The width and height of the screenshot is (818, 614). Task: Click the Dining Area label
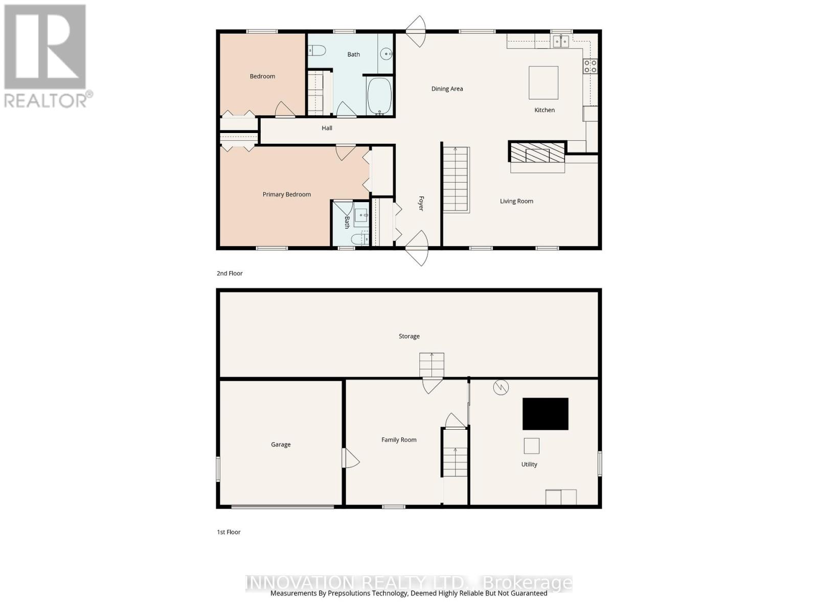coord(447,89)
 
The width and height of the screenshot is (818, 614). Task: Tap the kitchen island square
coord(543,82)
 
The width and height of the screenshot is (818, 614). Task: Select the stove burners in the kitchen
coord(590,65)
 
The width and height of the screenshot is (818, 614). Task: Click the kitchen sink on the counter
coord(560,41)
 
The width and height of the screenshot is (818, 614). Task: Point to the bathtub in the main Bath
coord(379,96)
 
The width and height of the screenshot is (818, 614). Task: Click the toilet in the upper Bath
coord(317,50)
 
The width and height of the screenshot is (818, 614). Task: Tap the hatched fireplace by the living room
coord(537,152)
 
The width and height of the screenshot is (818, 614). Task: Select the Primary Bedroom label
coord(286,194)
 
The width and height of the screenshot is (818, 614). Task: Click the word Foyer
coord(421,203)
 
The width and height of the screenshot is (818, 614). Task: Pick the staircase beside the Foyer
coord(456,179)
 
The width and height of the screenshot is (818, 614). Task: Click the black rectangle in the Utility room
coord(545,413)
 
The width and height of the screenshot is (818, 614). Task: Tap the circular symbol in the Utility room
coord(501,387)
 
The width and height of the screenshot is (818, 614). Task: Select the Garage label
coord(281,445)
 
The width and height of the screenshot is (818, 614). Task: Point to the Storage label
coord(409,336)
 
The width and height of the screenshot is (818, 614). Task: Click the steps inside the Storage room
coord(431,364)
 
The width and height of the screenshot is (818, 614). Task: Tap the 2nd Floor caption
coord(230,273)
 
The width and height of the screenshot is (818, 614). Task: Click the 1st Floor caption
coord(229,532)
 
